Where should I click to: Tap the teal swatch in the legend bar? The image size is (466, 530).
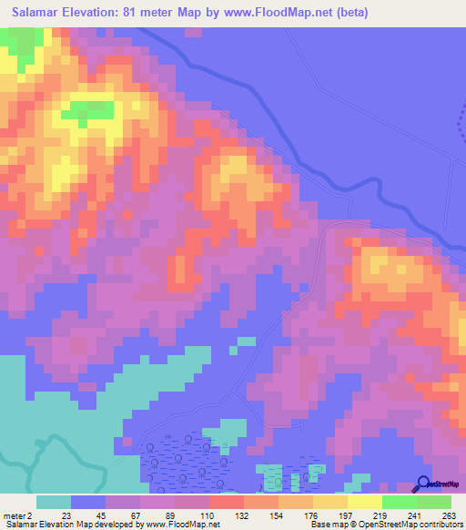pyautogui.click(x=54, y=502)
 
